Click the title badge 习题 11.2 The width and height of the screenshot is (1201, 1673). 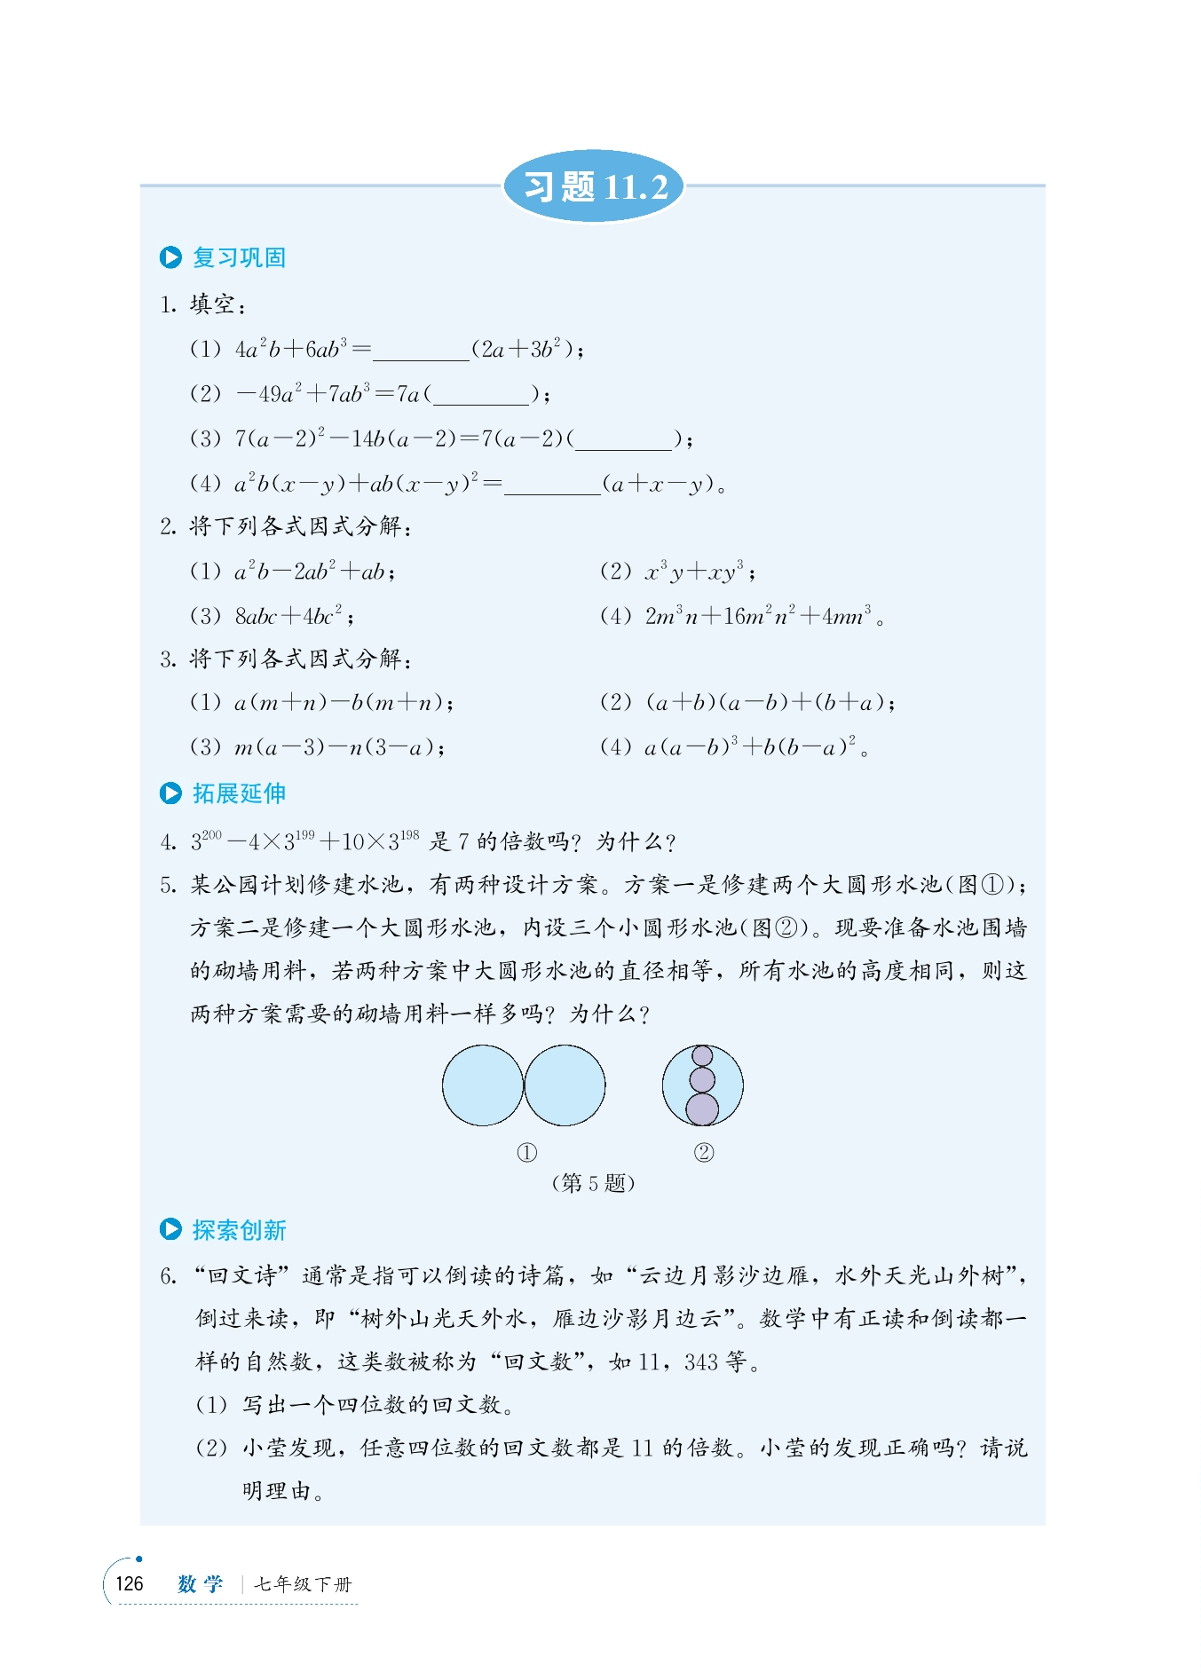click(x=594, y=186)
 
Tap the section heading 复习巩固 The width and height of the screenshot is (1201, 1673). click(x=239, y=257)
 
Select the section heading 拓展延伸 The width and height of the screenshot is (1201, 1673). click(x=239, y=793)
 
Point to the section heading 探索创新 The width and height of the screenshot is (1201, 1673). click(x=239, y=1229)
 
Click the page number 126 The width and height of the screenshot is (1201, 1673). click(x=130, y=1583)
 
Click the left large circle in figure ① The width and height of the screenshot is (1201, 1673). click(x=483, y=1085)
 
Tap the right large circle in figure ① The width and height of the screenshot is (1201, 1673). click(x=565, y=1085)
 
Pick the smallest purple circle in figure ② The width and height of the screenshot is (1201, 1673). click(x=702, y=1056)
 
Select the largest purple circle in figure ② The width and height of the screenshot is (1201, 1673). click(x=702, y=1109)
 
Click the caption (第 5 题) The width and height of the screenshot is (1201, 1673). click(x=593, y=1183)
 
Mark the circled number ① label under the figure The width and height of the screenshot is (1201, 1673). click(x=526, y=1153)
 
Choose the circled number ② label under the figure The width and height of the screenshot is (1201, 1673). click(x=703, y=1153)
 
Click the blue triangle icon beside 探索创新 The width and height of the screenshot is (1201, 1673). click(x=170, y=1229)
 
